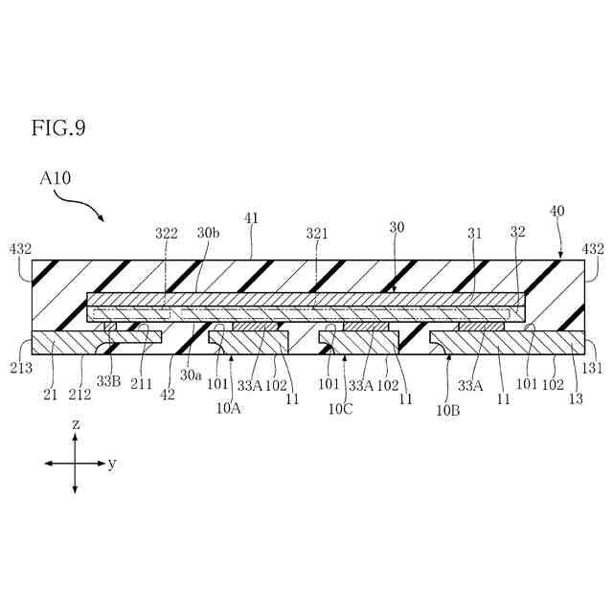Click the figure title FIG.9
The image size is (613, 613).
click(58, 127)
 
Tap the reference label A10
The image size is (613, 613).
click(56, 177)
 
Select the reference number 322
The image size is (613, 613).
click(167, 233)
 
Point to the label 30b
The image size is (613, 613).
click(207, 233)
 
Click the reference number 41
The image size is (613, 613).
click(252, 219)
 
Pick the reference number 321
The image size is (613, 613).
click(317, 233)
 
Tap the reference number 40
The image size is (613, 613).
click(556, 211)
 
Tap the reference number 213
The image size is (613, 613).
click(20, 367)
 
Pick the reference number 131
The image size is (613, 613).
click(593, 367)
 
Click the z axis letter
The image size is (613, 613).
click(74, 423)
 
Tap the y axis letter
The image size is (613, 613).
click(112, 464)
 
